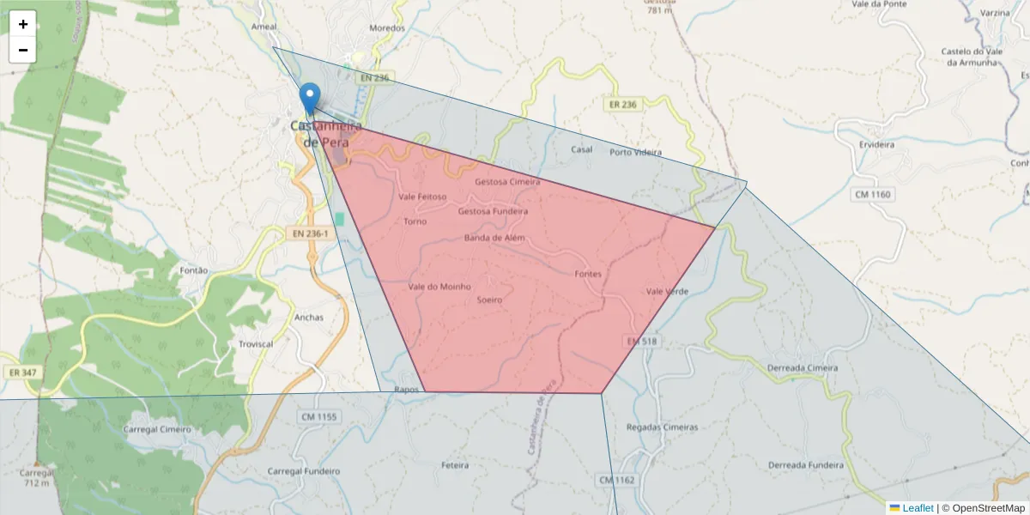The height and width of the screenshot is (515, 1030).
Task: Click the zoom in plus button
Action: click(x=23, y=24)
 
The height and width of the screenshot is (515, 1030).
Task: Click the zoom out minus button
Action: click(x=23, y=50)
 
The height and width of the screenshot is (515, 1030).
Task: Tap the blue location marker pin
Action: click(x=310, y=98)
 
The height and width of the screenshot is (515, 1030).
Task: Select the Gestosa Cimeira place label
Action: click(x=507, y=182)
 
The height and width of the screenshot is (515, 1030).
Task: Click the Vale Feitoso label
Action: click(x=423, y=197)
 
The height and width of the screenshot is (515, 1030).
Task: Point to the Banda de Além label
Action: click(x=494, y=238)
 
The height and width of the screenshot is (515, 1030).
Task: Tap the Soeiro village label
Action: click(x=489, y=300)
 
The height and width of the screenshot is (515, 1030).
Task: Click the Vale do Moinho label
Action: click(x=439, y=287)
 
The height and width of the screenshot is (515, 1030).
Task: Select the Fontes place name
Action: click(x=588, y=274)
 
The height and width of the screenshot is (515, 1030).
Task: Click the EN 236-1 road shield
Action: click(x=308, y=233)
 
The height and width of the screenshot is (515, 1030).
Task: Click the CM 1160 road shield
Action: click(x=873, y=195)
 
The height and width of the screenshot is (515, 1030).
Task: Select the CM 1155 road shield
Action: click(x=319, y=417)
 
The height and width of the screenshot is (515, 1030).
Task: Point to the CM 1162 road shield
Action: click(x=616, y=480)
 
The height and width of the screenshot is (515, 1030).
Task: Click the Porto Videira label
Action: click(x=635, y=153)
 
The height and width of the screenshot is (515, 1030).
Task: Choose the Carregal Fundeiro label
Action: click(x=304, y=471)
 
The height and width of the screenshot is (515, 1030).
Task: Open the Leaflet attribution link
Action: click(x=917, y=508)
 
